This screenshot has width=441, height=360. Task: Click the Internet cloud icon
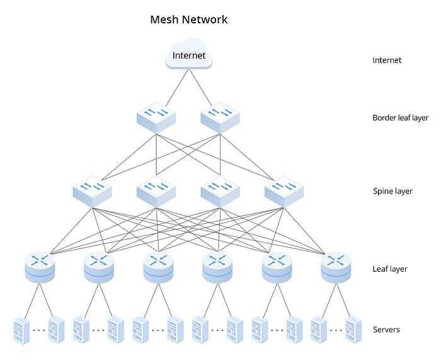[x=189, y=55]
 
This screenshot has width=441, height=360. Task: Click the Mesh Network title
[x=188, y=20]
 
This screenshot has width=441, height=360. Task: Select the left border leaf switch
[x=156, y=117]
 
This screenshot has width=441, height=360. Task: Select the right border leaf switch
[x=220, y=117]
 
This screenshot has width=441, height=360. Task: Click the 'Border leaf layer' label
[x=400, y=117]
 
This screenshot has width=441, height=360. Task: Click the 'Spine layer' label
[x=392, y=190]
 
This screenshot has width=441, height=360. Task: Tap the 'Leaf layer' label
[x=390, y=269]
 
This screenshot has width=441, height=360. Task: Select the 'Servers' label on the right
[x=386, y=329]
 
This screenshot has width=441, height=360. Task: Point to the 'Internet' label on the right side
[x=387, y=61]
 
